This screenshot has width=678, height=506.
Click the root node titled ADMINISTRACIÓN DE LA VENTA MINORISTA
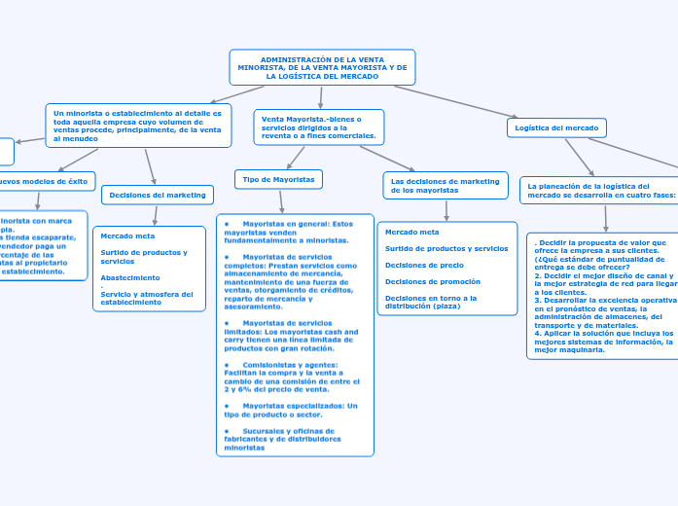[x=322, y=67]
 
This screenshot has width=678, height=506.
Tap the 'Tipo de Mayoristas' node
[x=278, y=179]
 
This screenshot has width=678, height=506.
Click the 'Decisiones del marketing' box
[x=158, y=195]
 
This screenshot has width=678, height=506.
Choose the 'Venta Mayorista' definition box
[x=319, y=127]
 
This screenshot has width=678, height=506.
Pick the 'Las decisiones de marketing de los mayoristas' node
[x=446, y=185]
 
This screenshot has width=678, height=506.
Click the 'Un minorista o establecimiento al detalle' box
[x=138, y=126]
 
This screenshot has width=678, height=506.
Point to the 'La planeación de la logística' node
[x=598, y=189]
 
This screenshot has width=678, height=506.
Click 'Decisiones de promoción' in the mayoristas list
[x=433, y=281]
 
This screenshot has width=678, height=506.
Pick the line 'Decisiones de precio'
[x=424, y=265]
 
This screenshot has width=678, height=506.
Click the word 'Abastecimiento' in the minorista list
[x=130, y=277]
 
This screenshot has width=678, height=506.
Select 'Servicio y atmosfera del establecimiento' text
[x=146, y=298]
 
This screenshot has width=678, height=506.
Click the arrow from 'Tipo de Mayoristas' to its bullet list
[x=280, y=200]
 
